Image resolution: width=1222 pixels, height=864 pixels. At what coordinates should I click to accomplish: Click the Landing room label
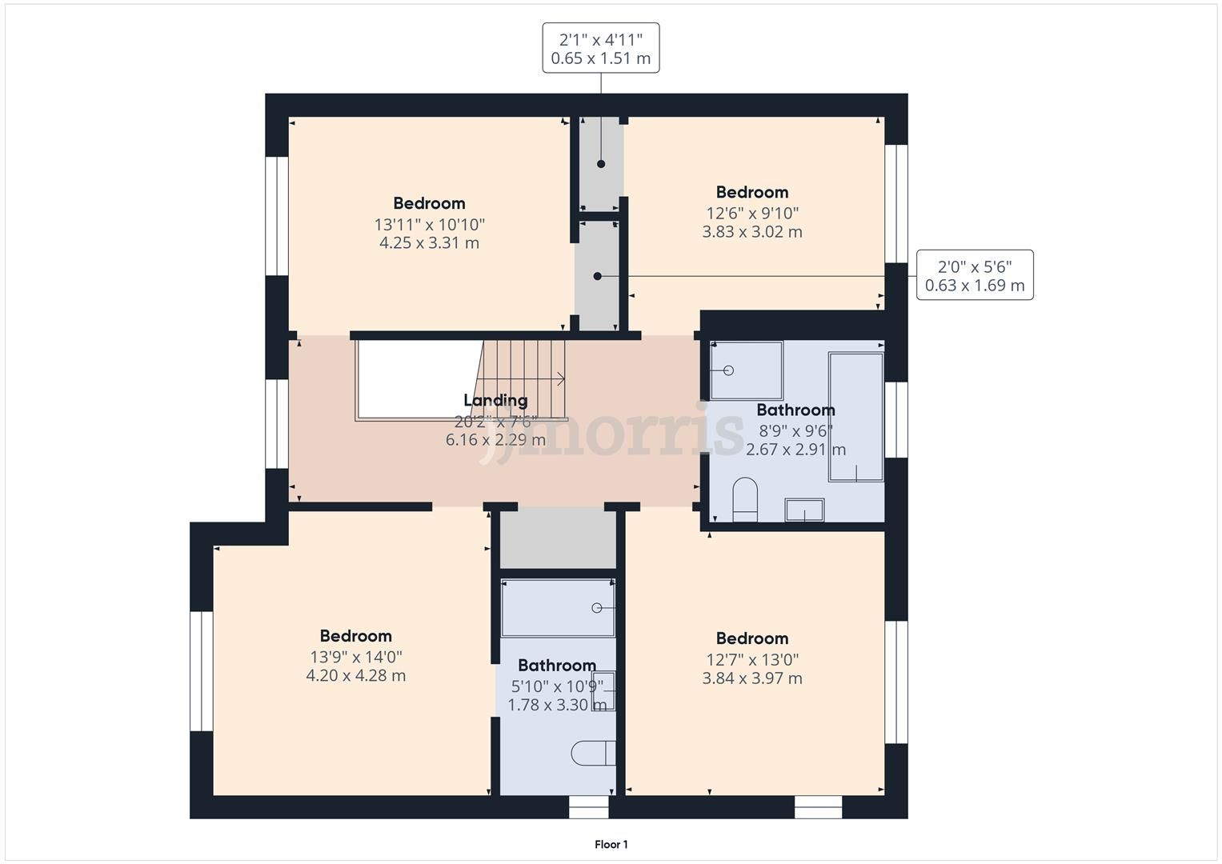click(x=495, y=400)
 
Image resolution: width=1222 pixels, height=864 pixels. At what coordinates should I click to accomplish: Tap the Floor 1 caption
click(x=611, y=844)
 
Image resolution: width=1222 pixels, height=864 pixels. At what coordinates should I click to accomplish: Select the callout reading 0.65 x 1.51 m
click(x=600, y=58)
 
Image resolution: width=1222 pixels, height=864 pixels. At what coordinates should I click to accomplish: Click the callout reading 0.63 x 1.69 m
click(x=974, y=286)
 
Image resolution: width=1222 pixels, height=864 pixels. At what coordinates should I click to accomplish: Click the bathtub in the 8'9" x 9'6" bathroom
click(x=855, y=417)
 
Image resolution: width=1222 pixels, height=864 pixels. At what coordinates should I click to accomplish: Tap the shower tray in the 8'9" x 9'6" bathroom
click(x=746, y=370)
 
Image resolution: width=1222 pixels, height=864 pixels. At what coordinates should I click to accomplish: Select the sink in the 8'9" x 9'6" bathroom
click(x=804, y=510)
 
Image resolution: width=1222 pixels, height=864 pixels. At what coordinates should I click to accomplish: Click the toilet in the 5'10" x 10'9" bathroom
click(x=593, y=753)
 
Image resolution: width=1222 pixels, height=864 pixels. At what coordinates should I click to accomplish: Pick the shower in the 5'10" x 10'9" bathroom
click(x=557, y=608)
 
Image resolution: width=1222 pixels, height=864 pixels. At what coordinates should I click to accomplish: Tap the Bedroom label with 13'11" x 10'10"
click(x=429, y=203)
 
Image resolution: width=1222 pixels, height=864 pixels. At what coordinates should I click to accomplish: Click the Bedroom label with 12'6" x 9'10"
click(x=751, y=192)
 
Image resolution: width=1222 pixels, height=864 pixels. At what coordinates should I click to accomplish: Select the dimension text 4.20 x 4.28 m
click(x=355, y=675)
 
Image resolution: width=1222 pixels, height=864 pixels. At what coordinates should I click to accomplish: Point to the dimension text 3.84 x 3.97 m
click(x=751, y=678)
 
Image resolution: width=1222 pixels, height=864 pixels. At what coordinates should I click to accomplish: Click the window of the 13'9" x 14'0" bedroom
click(x=201, y=671)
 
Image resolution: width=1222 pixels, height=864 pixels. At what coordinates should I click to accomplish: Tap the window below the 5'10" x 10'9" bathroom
click(x=588, y=808)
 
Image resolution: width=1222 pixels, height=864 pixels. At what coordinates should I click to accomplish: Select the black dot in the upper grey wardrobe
click(x=600, y=164)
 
